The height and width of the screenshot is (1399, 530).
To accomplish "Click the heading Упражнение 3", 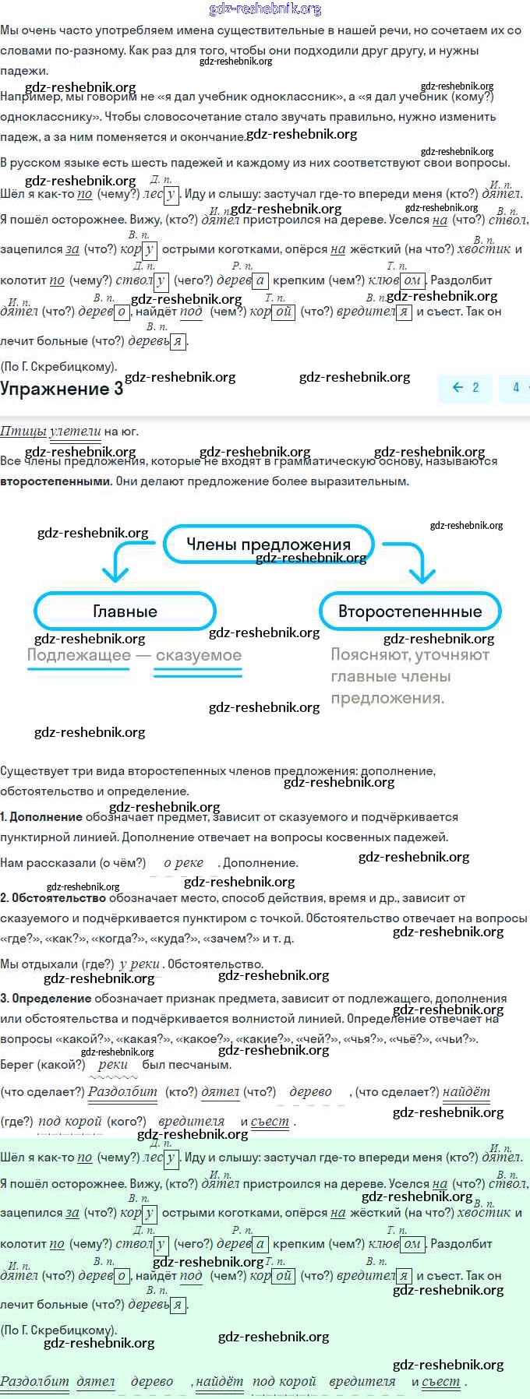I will coord(62,389).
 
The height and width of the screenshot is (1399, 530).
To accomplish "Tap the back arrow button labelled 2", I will coord(466,387).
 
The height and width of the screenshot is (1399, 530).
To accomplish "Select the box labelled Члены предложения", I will coord(269,544).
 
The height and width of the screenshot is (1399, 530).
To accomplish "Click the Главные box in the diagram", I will coord(125,611).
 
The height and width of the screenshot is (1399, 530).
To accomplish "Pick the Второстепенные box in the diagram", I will coord(410,611).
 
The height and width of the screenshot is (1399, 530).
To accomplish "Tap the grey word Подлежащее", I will coord(79,655).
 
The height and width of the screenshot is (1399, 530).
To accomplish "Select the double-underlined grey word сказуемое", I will coord(198,656).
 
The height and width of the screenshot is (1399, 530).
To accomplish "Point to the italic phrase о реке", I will coord(183,862).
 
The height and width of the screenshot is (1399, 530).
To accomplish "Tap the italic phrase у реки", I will coord(140,964).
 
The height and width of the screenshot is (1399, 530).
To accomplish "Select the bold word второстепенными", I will coord(55,481).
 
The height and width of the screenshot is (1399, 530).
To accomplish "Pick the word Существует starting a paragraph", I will coord(31,771).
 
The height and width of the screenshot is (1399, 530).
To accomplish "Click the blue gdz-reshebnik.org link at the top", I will coord(265,9).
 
